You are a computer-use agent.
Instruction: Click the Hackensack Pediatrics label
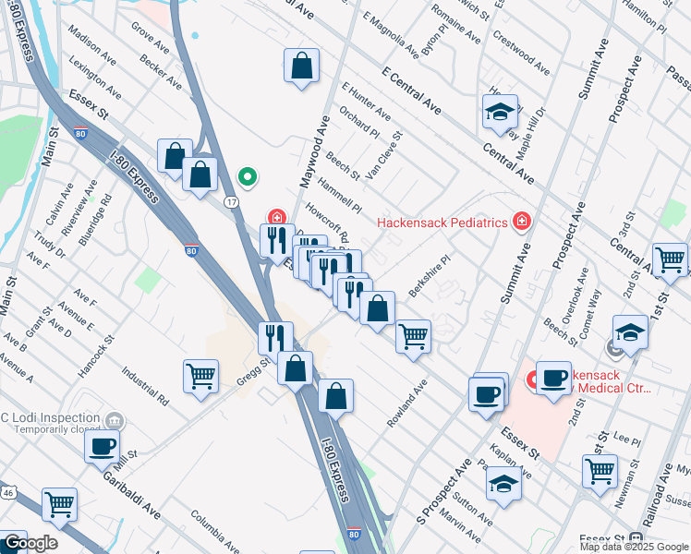click(442, 223)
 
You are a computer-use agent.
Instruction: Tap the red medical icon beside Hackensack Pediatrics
click(523, 222)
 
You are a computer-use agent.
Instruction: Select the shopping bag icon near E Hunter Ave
click(301, 66)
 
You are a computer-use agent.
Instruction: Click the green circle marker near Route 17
click(247, 175)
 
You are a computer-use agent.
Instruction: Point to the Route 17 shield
click(232, 201)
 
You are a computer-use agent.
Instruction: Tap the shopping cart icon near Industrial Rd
click(200, 376)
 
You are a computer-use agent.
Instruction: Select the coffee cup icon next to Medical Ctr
click(553, 378)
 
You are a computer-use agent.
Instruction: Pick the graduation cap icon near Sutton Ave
click(503, 484)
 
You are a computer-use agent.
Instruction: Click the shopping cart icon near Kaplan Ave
click(600, 471)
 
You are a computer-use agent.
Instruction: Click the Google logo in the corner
click(30, 543)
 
